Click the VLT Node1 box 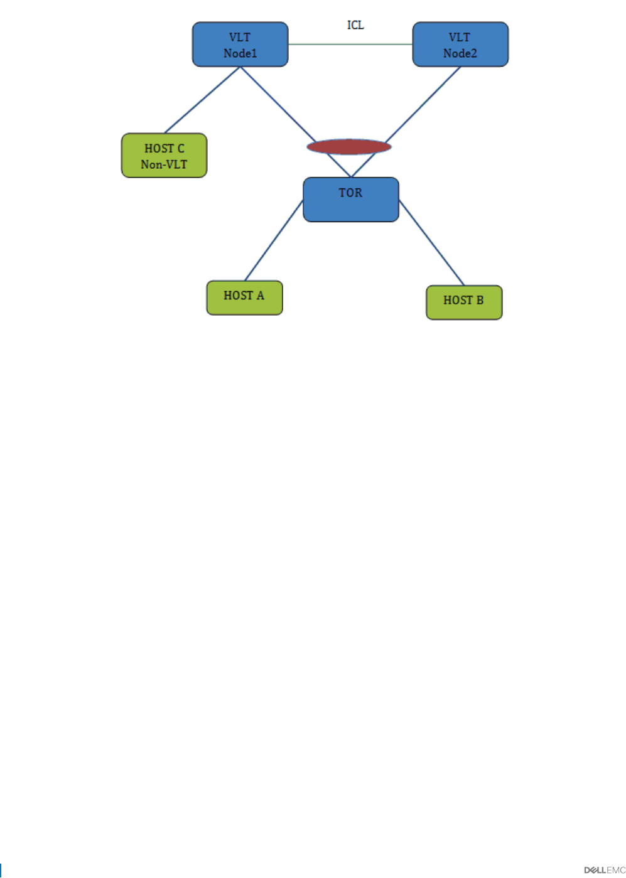(x=240, y=45)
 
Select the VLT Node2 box (x=460, y=45)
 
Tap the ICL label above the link (x=355, y=25)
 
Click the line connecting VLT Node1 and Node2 (x=350, y=45)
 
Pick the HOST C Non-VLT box (x=164, y=156)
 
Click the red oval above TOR (x=349, y=147)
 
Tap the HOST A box (x=244, y=297)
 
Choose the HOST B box (x=464, y=302)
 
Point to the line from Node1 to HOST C (x=202, y=100)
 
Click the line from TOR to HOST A (x=274, y=240)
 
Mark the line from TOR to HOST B (x=431, y=243)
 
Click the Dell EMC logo (x=604, y=870)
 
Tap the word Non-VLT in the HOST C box (x=164, y=164)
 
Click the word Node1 (x=240, y=53)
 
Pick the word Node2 (x=460, y=53)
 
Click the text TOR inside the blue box (x=350, y=193)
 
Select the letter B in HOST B (x=480, y=300)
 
